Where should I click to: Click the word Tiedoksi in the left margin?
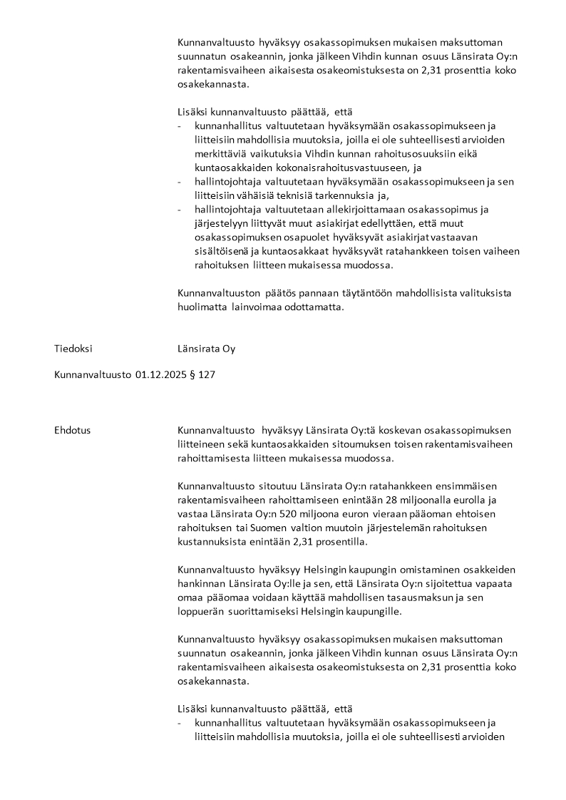pos(73,349)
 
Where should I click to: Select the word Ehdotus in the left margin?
pos(72,430)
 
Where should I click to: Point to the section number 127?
pos(207,373)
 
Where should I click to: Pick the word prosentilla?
pos(339,541)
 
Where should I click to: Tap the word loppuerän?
pos(202,611)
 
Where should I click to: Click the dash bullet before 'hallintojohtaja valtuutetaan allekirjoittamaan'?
pos(180,209)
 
